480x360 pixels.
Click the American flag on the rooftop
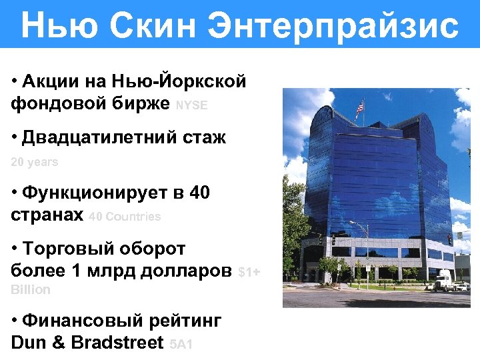click(x=361, y=107)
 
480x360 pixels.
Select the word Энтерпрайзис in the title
click(x=333, y=26)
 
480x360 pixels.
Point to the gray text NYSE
click(x=191, y=105)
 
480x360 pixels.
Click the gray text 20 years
click(x=35, y=162)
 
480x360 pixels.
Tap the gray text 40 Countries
click(x=125, y=217)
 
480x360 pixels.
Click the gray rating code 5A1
click(x=182, y=345)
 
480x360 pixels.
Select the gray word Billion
click(x=31, y=289)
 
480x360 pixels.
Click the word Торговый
click(x=75, y=249)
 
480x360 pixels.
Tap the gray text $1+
click(x=249, y=272)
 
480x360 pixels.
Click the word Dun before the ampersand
click(x=27, y=343)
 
